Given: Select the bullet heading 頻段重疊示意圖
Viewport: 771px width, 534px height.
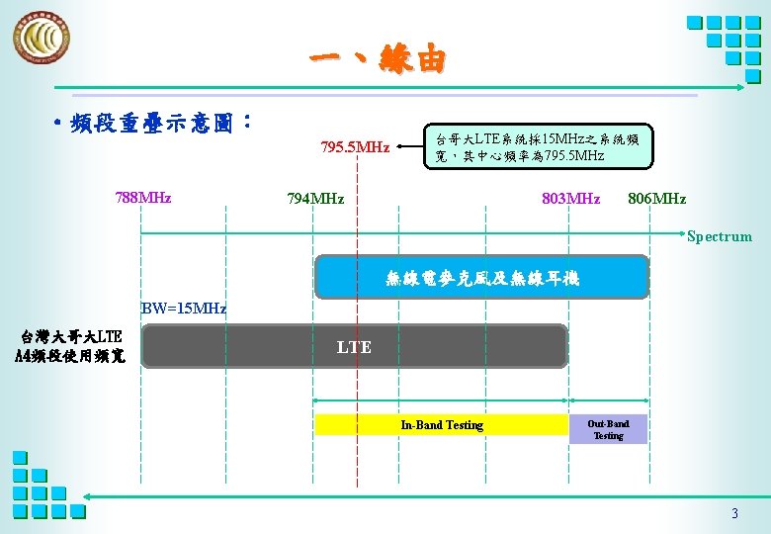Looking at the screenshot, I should coord(158,123).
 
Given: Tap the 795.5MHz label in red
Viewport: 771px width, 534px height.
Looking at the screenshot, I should coord(355,148).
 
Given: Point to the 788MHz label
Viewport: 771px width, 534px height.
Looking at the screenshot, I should coord(143,198).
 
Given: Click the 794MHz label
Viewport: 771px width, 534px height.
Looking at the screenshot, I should coord(315,199).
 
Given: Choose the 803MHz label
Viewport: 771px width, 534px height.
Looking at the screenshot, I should coord(570,199).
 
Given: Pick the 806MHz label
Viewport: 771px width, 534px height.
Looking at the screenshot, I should coord(656,199).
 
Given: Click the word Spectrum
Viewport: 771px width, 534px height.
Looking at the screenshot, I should coord(719,236).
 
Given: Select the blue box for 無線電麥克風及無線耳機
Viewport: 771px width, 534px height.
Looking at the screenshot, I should coord(481,278).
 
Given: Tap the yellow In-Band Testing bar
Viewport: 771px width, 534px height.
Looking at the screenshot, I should coord(441,425).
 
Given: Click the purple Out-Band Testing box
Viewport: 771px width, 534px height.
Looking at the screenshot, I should coord(608,429).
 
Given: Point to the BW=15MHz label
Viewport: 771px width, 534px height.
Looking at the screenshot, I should coord(184,309).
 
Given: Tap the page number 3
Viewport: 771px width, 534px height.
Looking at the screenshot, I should coord(733,513).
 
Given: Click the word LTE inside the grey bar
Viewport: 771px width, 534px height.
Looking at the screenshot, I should coord(354,347).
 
